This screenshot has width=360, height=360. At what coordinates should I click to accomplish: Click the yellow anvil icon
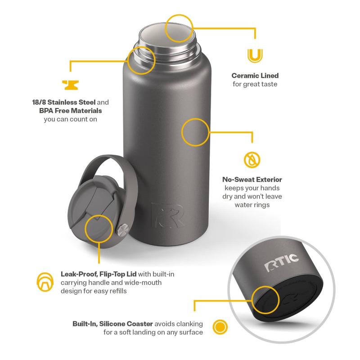[70, 85]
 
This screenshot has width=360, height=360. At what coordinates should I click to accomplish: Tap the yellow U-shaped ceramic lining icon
[255, 56]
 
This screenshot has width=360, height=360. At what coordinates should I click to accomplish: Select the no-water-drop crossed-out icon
[252, 160]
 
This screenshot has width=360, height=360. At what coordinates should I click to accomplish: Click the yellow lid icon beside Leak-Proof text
[45, 282]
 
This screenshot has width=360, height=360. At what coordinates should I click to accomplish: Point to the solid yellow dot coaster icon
[220, 327]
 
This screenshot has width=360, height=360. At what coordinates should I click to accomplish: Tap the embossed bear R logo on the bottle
[167, 216]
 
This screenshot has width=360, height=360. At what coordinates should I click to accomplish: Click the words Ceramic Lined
[255, 76]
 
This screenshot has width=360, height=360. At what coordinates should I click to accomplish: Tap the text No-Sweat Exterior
[252, 180]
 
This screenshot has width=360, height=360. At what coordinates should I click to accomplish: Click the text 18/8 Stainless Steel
[64, 102]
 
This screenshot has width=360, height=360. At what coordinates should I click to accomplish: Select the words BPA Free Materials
[71, 111]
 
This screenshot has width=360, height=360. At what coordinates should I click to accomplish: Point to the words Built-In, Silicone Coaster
[113, 324]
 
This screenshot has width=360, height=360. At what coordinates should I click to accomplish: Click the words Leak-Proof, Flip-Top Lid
[99, 274]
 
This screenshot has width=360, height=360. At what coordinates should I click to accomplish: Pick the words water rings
[252, 205]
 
